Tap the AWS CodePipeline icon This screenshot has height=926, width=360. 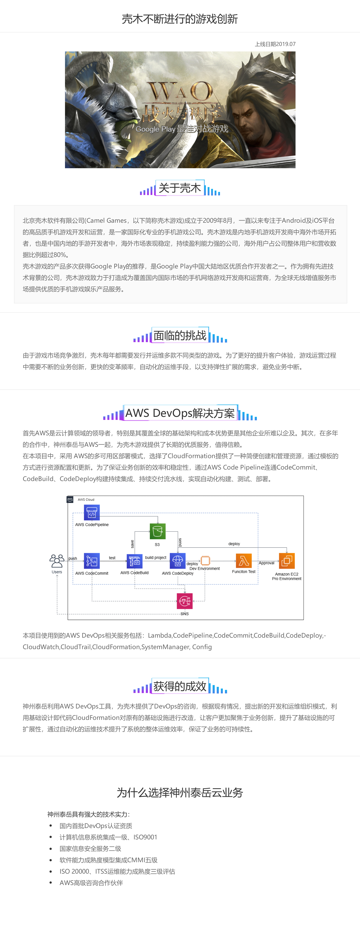pyautogui.click(x=92, y=512)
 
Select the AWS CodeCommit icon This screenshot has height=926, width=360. pyautogui.click(x=92, y=561)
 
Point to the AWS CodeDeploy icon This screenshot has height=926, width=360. pyautogui.click(x=178, y=561)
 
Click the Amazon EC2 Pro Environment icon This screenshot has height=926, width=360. pyautogui.click(x=287, y=561)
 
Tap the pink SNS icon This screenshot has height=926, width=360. pyautogui.click(x=185, y=601)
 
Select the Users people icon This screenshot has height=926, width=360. pyautogui.click(x=57, y=561)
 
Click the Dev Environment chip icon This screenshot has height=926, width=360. pyautogui.click(x=205, y=560)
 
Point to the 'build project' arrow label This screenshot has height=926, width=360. pyautogui.click(x=156, y=558)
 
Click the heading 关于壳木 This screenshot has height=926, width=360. pyautogui.click(x=180, y=188)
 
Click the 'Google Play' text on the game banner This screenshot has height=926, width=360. pyautogui.click(x=155, y=129)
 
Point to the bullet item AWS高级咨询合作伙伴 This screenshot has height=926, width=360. pyautogui.click(x=91, y=883)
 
